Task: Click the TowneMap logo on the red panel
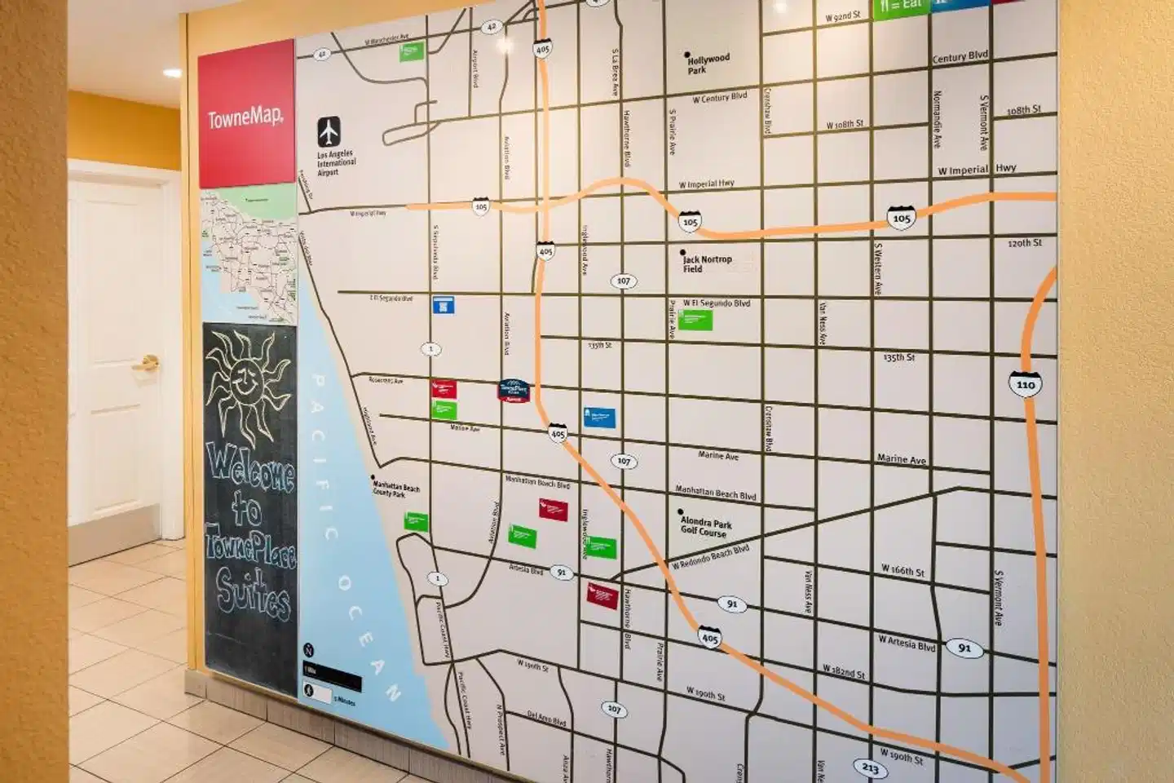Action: [x=245, y=118]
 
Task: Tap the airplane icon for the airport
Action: [x=329, y=131]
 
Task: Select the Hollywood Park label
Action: [x=708, y=64]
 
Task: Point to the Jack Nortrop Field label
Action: [x=706, y=263]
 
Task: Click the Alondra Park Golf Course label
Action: [x=705, y=526]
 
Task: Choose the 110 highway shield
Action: [x=1025, y=384]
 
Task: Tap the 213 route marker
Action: [x=870, y=768]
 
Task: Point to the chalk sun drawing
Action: [x=247, y=383]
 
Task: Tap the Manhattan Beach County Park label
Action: [x=396, y=489]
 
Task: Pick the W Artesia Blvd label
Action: [x=906, y=643]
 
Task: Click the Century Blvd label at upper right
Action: [x=960, y=57]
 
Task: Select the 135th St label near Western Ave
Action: [x=898, y=357]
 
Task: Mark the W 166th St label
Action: [x=903, y=570]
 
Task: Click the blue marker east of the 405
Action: [x=599, y=418]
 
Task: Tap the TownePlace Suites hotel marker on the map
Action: [x=514, y=391]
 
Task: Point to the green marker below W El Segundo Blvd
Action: [x=695, y=320]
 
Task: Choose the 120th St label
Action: [x=1024, y=243]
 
